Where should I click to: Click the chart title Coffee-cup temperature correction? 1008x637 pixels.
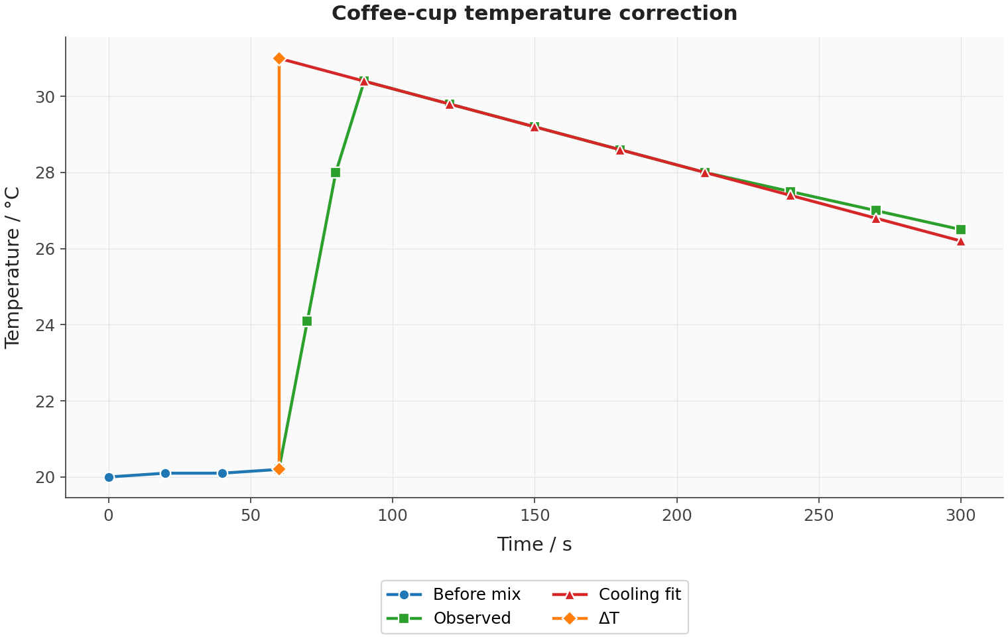tap(534, 13)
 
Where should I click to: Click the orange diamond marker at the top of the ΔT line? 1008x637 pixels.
tap(279, 58)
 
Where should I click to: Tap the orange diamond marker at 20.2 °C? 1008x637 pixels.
tap(279, 469)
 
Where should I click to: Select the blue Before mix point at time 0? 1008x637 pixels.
tap(109, 477)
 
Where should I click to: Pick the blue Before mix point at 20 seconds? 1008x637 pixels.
tap(165, 473)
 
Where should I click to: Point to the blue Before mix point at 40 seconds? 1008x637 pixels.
tap(222, 473)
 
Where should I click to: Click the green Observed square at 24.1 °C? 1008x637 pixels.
tap(307, 321)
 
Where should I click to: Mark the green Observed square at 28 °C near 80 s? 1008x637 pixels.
tap(336, 173)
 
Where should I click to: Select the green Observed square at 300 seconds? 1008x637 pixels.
tap(961, 230)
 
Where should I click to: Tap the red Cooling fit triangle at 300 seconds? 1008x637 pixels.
tap(961, 242)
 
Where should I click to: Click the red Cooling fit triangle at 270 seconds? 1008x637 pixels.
tap(875, 218)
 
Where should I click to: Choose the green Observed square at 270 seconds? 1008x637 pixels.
tap(875, 210)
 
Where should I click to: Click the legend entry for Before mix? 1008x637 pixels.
tap(454, 595)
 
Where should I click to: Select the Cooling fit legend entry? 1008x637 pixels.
tap(617, 595)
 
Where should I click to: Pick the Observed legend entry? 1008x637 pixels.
tap(449, 618)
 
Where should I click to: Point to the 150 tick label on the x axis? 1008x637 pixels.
tap(535, 516)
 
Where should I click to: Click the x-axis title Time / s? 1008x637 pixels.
tap(534, 544)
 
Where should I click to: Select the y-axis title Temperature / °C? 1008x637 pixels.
tap(12, 267)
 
